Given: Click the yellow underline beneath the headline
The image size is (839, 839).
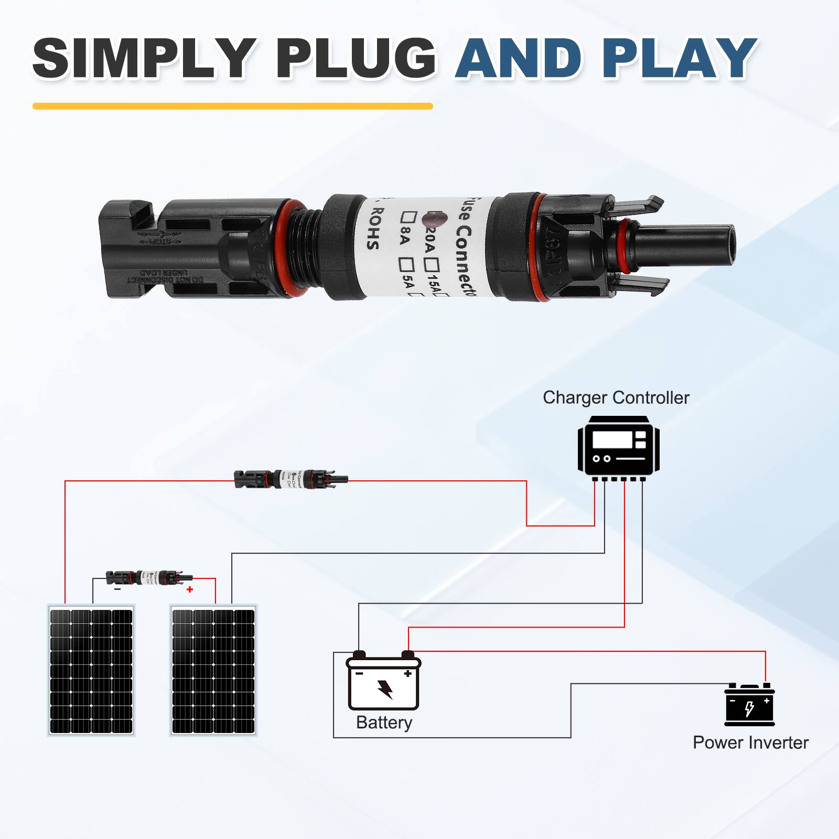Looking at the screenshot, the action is [232, 106].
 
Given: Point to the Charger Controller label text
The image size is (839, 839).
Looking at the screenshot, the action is [616, 398].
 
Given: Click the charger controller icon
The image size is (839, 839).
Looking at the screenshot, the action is [618, 447].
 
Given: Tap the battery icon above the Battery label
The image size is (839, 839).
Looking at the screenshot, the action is [383, 682].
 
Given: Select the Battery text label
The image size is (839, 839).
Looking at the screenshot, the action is [384, 723].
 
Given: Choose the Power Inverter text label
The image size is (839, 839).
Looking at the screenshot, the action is [750, 743].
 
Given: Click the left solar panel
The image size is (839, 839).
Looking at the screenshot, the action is [91, 671].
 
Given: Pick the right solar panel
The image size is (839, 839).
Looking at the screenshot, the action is [213, 671].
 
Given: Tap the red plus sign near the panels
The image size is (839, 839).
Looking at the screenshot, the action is [190, 589].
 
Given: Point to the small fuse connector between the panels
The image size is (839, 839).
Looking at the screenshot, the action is [149, 578].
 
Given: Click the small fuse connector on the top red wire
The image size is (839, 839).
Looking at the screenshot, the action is [291, 479].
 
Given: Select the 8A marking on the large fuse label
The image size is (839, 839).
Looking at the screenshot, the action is [404, 238].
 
